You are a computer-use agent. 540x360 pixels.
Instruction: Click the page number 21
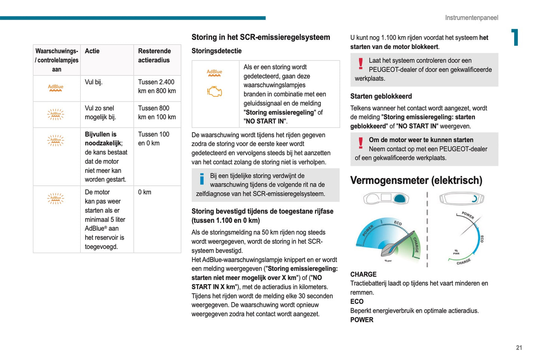[x=519, y=348]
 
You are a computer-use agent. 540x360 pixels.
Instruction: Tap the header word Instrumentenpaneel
[x=471, y=18]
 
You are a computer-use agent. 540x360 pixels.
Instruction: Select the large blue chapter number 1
[x=515, y=37]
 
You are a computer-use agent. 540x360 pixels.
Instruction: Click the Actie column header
[x=92, y=51]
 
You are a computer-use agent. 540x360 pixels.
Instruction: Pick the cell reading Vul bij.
[x=93, y=82]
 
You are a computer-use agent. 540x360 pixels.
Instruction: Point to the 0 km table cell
[x=145, y=192]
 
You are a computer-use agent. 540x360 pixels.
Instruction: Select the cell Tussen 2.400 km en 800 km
[x=157, y=86]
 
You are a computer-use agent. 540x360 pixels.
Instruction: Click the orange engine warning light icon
[x=215, y=92]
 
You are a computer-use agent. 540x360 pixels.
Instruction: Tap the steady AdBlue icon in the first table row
[x=56, y=88]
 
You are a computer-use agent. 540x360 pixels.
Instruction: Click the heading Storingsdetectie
[x=216, y=51]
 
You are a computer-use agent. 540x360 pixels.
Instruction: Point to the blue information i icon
[x=202, y=179]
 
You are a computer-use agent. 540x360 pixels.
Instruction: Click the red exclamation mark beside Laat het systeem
[x=361, y=64]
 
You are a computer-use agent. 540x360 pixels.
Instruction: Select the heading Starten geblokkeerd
[x=381, y=96]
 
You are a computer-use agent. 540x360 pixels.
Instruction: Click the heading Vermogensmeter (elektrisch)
[x=416, y=181]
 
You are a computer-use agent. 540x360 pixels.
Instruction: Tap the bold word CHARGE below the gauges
[x=363, y=274]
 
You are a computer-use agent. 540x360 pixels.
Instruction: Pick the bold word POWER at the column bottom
[x=362, y=320]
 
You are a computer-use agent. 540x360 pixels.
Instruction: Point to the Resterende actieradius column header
[x=154, y=56]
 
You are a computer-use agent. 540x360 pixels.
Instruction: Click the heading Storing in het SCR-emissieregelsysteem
[x=260, y=37]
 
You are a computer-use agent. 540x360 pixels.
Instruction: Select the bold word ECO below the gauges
[x=357, y=302]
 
